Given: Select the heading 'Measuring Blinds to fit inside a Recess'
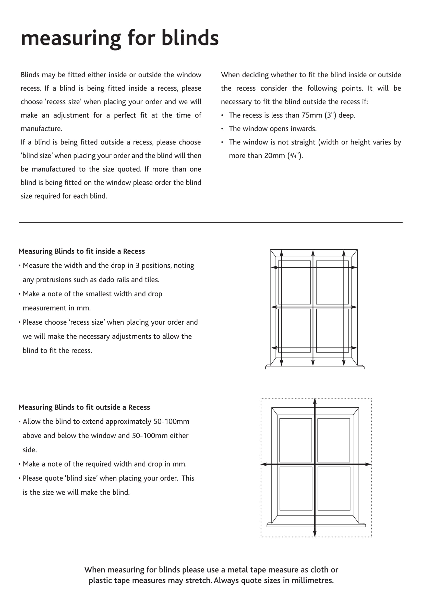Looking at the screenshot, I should [x=81, y=251].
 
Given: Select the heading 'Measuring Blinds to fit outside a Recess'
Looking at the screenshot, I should [x=84, y=407].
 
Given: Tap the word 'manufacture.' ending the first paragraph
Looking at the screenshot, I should [x=41, y=129].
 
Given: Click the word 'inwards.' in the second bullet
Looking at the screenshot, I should [x=305, y=129].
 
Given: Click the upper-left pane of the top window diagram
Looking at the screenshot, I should [x=294, y=282].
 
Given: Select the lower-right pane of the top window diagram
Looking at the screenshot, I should [x=333, y=331].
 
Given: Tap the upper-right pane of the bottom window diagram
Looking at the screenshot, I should [x=334, y=440].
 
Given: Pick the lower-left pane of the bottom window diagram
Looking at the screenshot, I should [x=296, y=488].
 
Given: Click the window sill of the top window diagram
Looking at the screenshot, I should [x=315, y=367].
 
